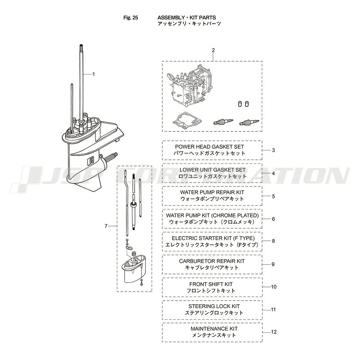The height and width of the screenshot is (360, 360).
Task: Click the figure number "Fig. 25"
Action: [x=131, y=18]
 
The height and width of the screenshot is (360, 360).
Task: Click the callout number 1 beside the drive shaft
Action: [x=93, y=74]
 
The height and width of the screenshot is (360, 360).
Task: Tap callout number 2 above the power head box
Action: [x=213, y=50]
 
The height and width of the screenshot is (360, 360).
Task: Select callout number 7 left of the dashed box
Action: [x=106, y=226]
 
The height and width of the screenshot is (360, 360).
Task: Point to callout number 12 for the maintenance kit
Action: [x=274, y=332]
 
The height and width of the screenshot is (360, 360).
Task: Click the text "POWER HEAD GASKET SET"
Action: [x=210, y=147]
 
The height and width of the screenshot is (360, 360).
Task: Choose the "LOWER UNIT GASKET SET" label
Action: [x=213, y=170]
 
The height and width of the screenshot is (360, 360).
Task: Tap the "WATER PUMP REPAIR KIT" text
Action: [x=212, y=192]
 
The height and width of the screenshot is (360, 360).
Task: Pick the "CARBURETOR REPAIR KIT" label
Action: [x=212, y=261]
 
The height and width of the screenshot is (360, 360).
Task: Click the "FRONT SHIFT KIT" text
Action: [x=211, y=284]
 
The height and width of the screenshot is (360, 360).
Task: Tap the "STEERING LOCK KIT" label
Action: [x=214, y=306]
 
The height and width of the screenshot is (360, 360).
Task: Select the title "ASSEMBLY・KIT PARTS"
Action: [x=186, y=18]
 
